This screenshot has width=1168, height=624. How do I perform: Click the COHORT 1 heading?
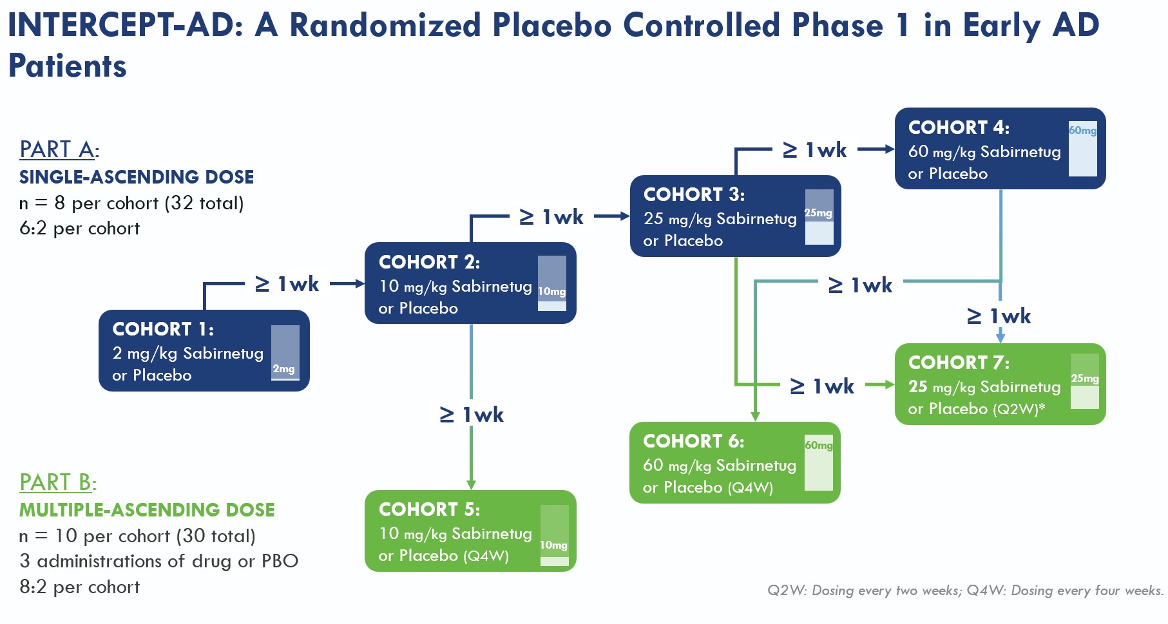162,329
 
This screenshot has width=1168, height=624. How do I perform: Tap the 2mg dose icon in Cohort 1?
285,353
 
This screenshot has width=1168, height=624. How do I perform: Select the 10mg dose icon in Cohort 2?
551,283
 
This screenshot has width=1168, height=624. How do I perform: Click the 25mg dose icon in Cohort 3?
819,217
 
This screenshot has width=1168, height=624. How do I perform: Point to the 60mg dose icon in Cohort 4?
1082,149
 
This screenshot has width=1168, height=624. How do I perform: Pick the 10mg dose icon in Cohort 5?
554,536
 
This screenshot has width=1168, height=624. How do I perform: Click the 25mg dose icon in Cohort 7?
1084,381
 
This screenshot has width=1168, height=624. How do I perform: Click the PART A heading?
59,149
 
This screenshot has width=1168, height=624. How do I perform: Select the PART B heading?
57,482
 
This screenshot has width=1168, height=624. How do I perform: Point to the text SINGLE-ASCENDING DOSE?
137,177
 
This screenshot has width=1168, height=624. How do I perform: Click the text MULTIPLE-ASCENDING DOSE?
147,510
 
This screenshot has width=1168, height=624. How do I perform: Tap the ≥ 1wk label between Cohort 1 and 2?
287,284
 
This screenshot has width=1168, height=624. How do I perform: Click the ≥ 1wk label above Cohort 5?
472,415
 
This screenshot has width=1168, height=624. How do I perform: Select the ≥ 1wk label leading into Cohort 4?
815,150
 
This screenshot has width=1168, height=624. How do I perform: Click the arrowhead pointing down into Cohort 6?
755,417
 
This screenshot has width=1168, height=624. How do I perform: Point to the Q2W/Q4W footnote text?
965,591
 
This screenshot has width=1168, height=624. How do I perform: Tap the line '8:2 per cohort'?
79,587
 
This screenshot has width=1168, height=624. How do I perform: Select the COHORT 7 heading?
958,363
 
